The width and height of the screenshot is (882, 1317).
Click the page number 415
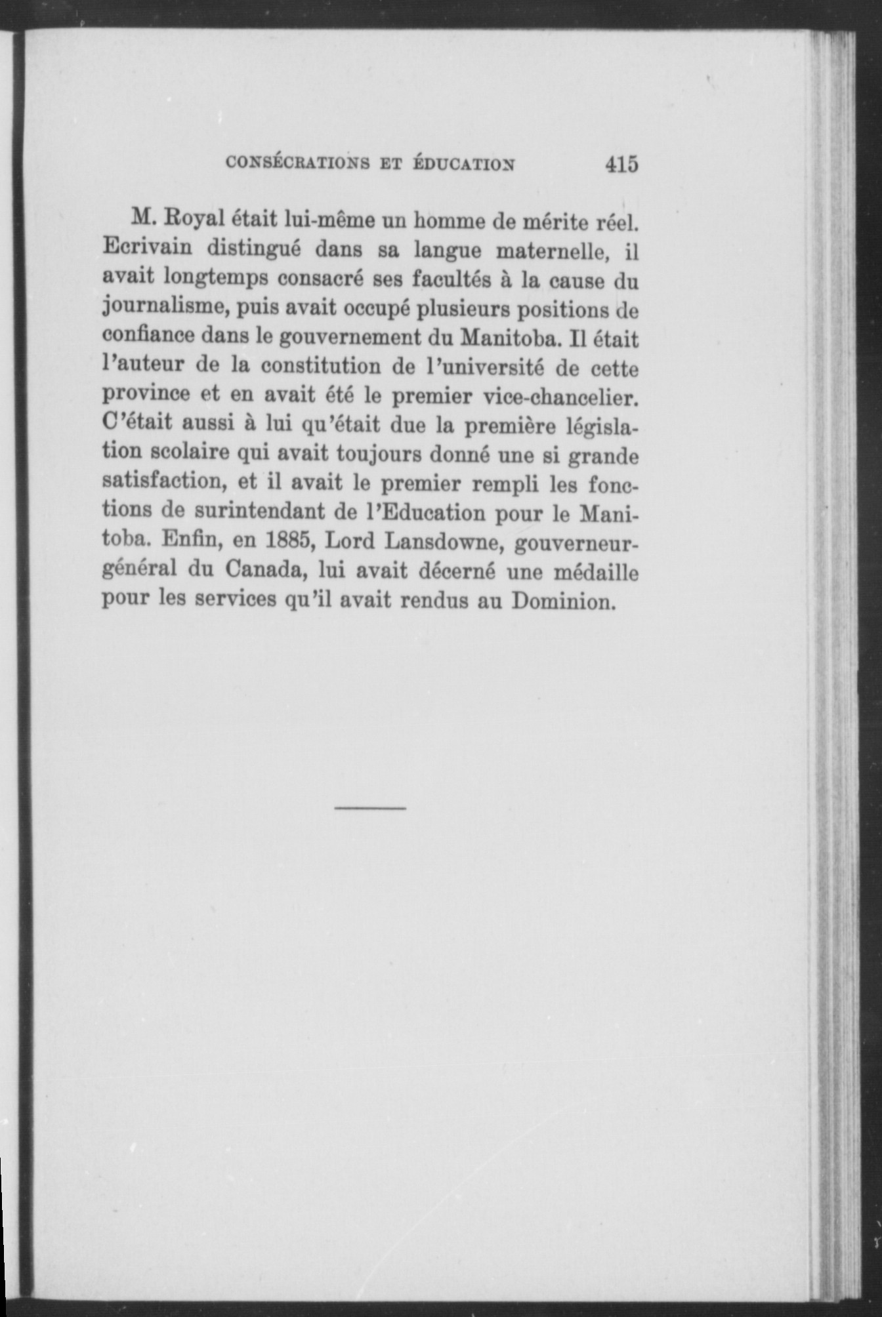621,163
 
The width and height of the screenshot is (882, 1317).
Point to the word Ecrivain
147,249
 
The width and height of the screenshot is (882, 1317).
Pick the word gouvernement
350,336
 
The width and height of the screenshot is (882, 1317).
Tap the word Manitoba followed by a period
512,338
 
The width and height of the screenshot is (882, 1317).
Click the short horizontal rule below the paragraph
369,808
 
